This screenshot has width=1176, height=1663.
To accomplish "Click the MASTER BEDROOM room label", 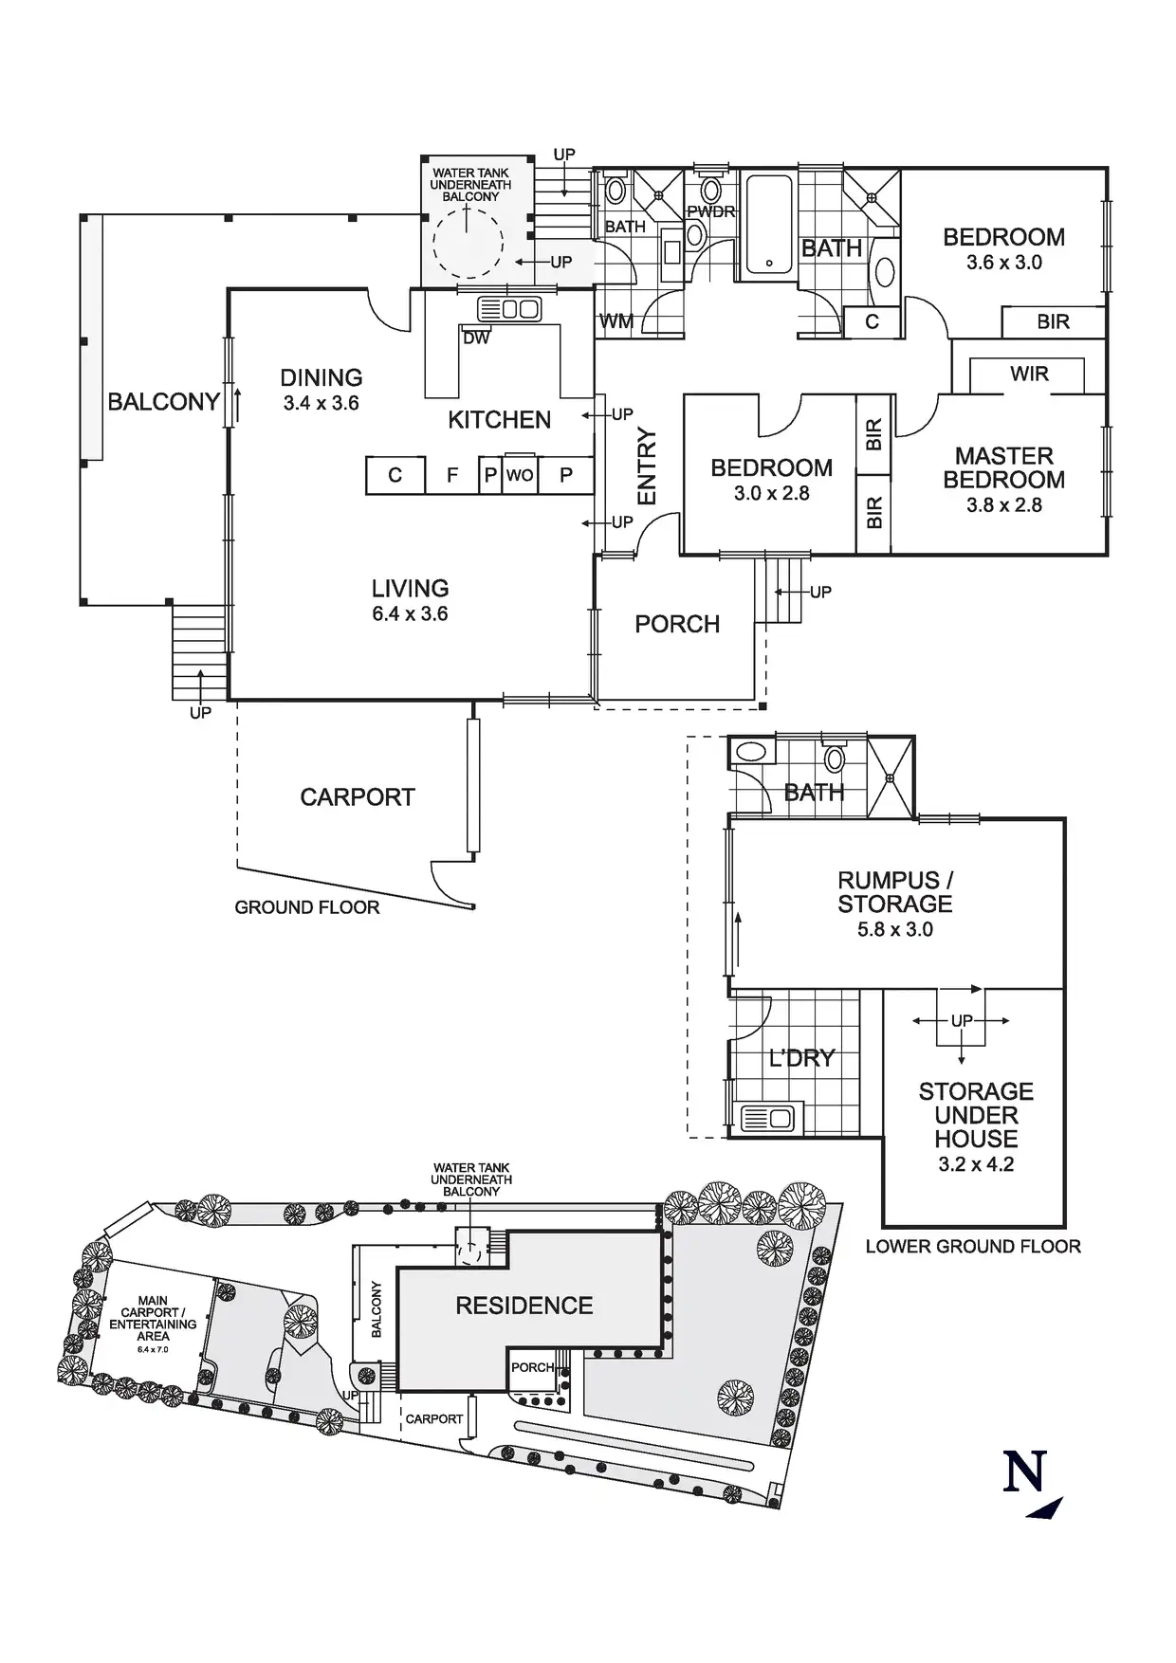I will [x=1003, y=467].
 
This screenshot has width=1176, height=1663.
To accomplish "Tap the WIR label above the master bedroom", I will [x=1029, y=374].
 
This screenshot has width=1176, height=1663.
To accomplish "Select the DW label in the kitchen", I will [x=476, y=338].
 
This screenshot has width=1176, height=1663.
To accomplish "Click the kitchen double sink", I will [x=509, y=309].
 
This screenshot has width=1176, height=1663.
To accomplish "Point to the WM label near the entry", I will [x=616, y=321].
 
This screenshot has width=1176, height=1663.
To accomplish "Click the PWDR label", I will [x=711, y=211].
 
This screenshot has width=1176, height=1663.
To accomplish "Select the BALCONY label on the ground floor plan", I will [x=163, y=402].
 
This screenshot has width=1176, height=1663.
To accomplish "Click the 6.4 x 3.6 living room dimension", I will [x=410, y=614].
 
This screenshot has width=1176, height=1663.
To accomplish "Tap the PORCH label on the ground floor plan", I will [x=677, y=624].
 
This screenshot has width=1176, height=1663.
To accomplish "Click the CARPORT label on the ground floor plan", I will [x=358, y=797].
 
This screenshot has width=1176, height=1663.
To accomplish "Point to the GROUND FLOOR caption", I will [x=306, y=907].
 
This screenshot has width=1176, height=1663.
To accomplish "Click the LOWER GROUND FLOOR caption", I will [x=973, y=1247].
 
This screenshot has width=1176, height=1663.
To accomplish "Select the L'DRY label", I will [x=801, y=1058].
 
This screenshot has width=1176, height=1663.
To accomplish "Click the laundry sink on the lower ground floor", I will [x=767, y=1119].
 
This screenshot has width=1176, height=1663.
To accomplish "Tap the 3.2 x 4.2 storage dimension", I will [x=976, y=1164].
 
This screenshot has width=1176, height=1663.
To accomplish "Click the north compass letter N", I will [x=1024, y=1471].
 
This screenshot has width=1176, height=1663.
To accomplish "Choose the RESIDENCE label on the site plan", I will [x=524, y=1306].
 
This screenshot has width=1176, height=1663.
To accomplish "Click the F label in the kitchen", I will [x=452, y=475].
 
